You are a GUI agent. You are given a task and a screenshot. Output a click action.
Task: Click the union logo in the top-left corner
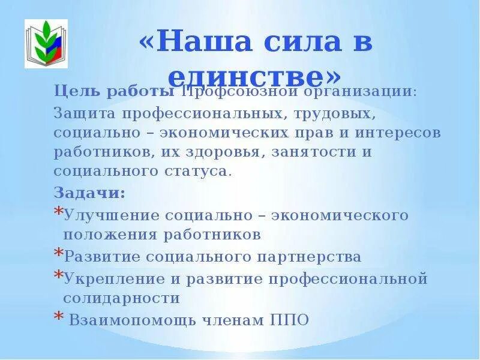46,44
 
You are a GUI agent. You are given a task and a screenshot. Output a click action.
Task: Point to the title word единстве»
255,76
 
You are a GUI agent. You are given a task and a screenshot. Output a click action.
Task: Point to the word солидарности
121,298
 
